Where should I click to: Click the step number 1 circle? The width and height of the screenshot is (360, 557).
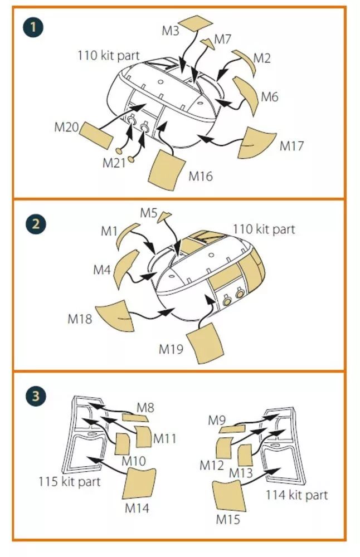(33, 27)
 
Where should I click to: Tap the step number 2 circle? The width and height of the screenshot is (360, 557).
(36, 224)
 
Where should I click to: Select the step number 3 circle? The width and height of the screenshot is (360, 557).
(36, 395)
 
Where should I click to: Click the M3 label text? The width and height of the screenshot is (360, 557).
(170, 31)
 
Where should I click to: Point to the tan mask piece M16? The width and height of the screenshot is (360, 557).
(167, 170)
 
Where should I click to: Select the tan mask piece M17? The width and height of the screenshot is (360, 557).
(256, 143)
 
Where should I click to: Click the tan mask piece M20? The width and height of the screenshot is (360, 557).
(96, 135)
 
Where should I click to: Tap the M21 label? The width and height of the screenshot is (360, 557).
(114, 163)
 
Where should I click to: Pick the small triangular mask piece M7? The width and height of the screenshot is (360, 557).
(208, 43)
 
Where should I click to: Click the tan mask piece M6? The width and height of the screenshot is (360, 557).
(247, 94)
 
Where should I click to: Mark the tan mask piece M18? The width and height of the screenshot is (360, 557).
(115, 315)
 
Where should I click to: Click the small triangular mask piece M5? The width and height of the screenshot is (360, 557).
(164, 216)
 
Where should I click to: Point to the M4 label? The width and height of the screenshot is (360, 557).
(102, 270)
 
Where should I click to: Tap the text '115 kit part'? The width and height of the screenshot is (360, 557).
(70, 482)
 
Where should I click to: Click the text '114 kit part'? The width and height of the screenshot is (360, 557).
(296, 495)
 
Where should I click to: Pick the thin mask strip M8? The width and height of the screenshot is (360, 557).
(135, 417)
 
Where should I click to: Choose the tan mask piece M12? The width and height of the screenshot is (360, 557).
(225, 448)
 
